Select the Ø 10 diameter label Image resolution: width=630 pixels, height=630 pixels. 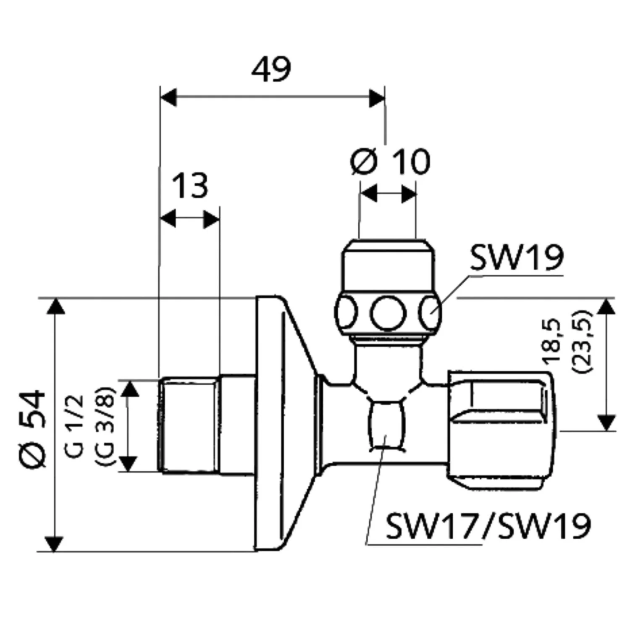pos(390,162)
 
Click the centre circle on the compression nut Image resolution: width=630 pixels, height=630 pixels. pos(388,313)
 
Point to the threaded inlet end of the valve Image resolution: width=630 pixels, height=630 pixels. pos(189,425)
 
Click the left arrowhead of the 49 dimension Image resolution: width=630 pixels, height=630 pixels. pos(168,97)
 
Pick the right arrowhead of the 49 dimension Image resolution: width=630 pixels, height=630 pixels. pos(377,97)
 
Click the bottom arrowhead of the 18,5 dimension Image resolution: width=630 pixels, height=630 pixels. pos(605,422)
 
